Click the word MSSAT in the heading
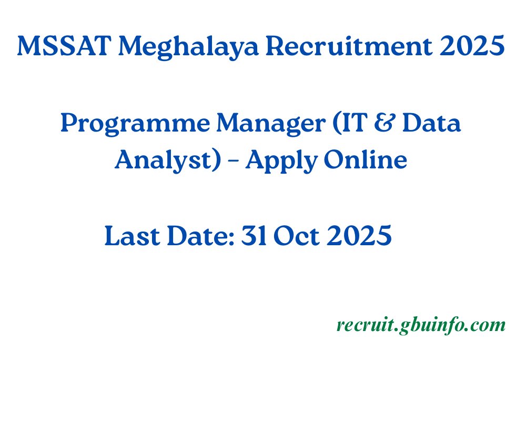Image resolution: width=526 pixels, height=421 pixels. pos(64,47)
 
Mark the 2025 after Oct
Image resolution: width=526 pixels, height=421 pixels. pos(359,236)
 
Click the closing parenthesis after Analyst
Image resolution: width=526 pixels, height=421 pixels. pos(217,160)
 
